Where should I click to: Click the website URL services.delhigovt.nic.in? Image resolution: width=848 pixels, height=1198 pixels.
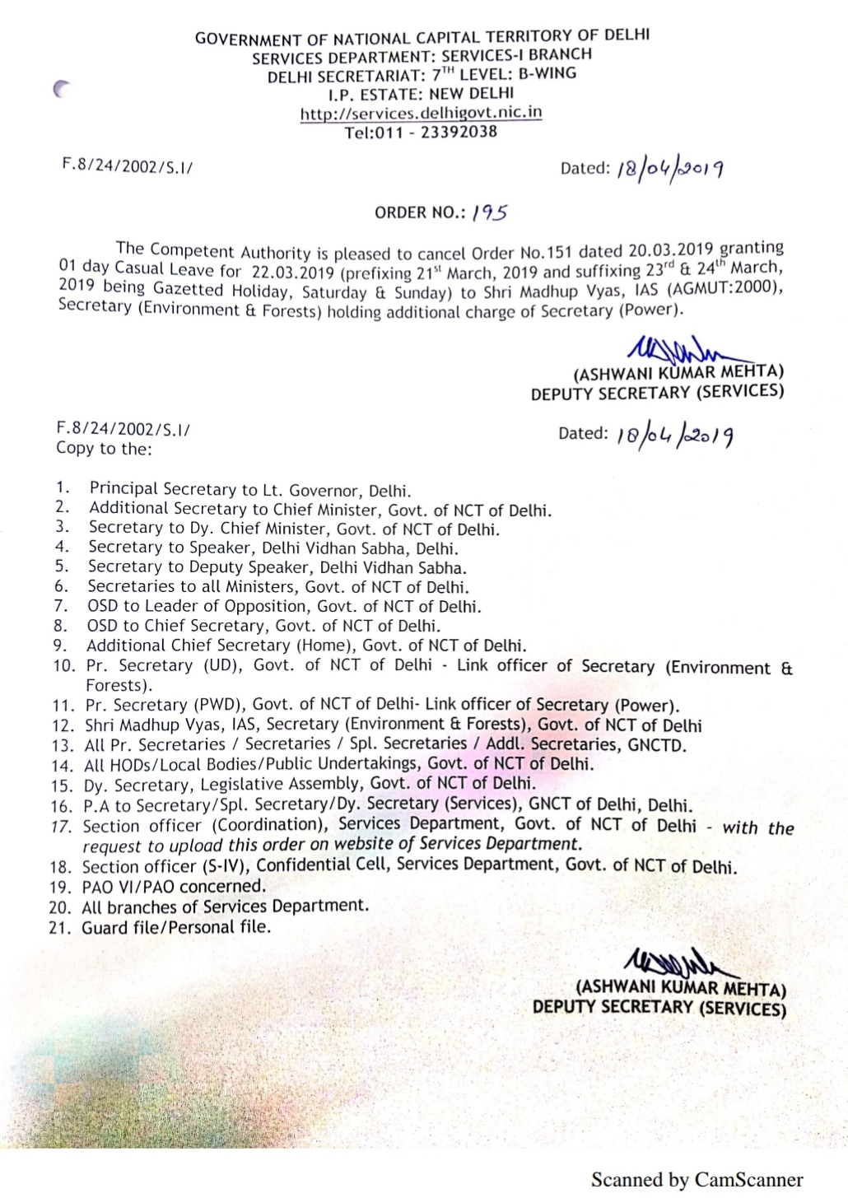(x=421, y=113)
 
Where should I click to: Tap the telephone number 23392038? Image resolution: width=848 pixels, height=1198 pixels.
(x=459, y=132)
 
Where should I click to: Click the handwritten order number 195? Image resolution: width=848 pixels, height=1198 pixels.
(x=490, y=212)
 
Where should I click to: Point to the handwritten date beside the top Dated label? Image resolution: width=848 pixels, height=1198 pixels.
(x=670, y=169)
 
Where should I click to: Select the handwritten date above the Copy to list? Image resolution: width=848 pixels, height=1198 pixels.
(x=674, y=435)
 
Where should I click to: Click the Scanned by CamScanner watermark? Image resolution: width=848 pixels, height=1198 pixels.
(x=697, y=1180)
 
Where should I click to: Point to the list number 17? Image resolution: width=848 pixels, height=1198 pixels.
(x=61, y=826)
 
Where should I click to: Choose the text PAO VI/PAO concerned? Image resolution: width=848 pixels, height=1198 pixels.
(x=174, y=887)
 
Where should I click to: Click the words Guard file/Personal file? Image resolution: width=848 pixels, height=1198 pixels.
(x=176, y=927)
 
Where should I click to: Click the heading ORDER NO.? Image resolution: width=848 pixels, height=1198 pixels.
(x=420, y=212)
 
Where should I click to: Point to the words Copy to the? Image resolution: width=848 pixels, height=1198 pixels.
(x=104, y=449)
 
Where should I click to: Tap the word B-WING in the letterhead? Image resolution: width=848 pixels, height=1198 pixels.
(x=547, y=73)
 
